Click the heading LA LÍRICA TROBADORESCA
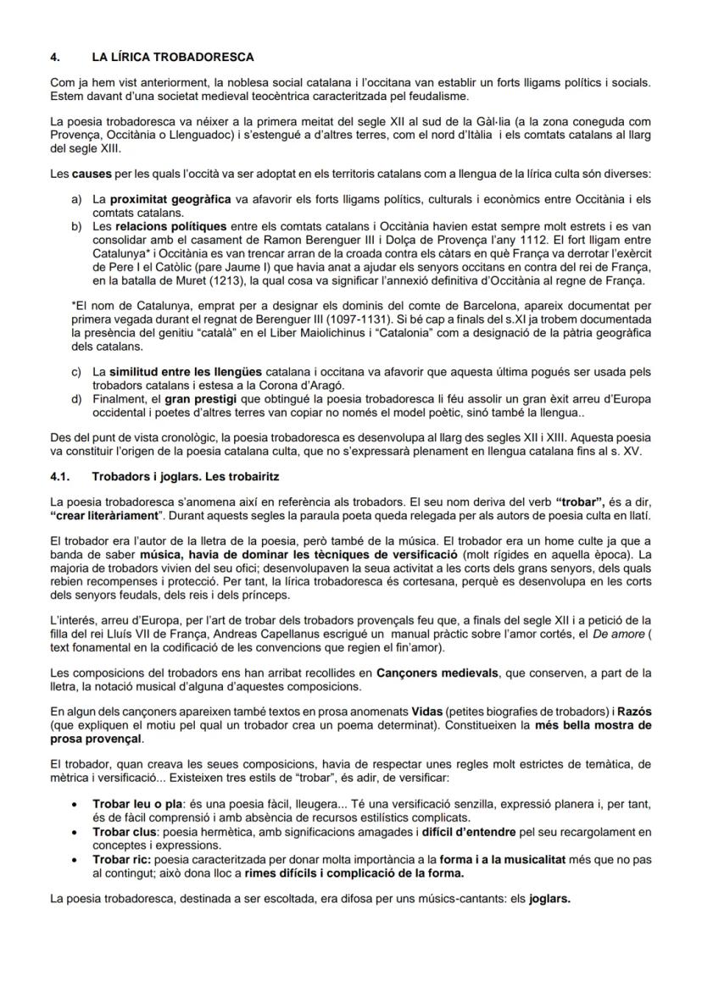[x=173, y=58]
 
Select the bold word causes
[x=90, y=174]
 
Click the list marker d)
[x=77, y=398]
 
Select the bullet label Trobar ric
[x=120, y=858]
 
